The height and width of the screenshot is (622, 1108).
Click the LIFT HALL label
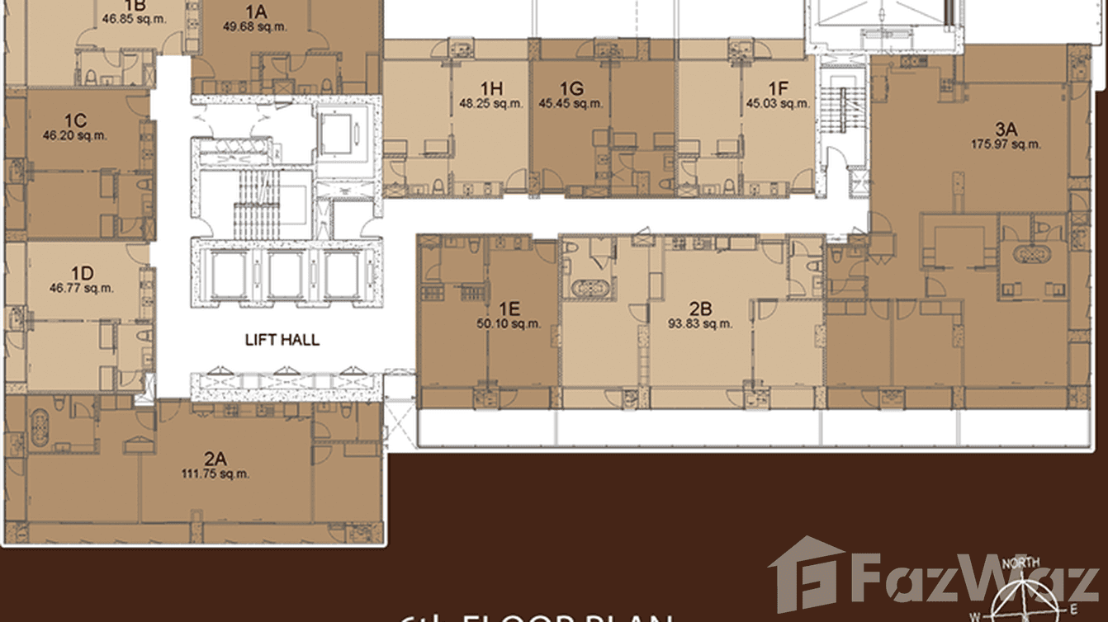[282, 339]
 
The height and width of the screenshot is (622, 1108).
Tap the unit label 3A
[1006, 129]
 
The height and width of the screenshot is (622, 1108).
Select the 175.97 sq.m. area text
[1006, 144]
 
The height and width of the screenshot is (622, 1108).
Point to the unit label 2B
[700, 309]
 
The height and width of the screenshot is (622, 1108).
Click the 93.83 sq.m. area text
[700, 323]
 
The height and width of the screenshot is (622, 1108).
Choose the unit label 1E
[509, 309]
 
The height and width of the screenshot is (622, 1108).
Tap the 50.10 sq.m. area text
[509, 323]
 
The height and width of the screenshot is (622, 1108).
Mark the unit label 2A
[215, 459]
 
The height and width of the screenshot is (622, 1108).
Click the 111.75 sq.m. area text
[215, 474]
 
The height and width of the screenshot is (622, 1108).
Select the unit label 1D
[81, 274]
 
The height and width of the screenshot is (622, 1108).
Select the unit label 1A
[255, 12]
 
